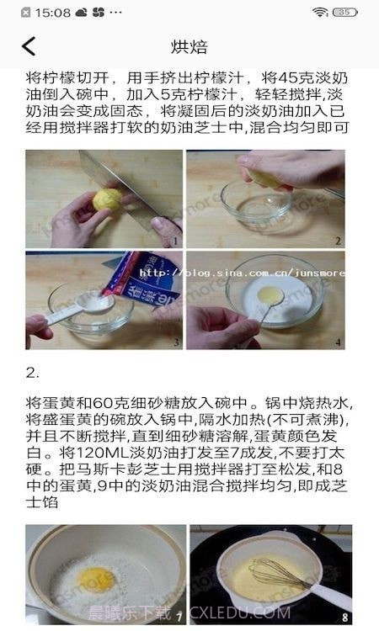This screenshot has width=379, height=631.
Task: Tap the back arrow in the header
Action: (29, 46)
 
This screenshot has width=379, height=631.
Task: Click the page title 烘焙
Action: (189, 46)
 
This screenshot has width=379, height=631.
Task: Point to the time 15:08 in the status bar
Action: (52, 13)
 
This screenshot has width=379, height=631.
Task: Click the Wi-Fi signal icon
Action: (320, 13)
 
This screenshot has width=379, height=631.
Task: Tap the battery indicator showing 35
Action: (345, 13)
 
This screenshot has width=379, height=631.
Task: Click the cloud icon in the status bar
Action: (81, 13)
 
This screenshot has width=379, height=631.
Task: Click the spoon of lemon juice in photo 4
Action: (269, 294)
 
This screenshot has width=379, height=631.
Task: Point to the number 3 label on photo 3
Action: (175, 342)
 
